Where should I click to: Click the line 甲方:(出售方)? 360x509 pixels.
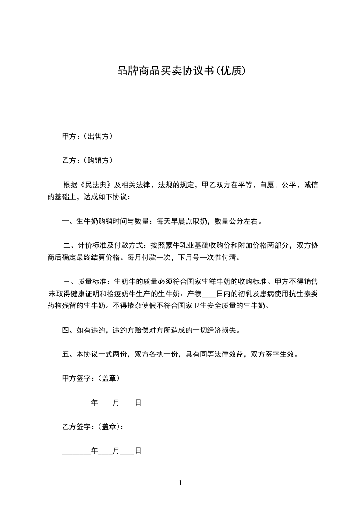[x=87, y=136]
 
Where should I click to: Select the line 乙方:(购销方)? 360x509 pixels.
[x=87, y=160]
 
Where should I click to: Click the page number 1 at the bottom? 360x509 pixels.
[x=180, y=483]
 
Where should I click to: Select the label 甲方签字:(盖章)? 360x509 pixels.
[x=91, y=378]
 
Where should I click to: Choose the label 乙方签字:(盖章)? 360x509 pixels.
[x=93, y=426]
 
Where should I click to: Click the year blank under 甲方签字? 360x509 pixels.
[x=76, y=402]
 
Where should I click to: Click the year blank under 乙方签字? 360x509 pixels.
[x=76, y=451]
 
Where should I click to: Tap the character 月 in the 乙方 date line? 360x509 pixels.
[x=116, y=451]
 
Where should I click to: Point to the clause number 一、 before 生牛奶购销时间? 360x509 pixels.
[x=69, y=221]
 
